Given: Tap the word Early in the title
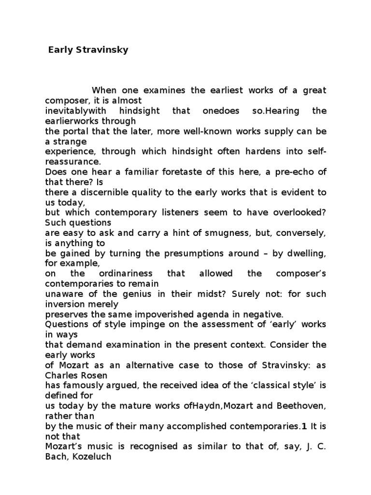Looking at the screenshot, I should coord(59,50).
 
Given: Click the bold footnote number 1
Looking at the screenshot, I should coord(304,426).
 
